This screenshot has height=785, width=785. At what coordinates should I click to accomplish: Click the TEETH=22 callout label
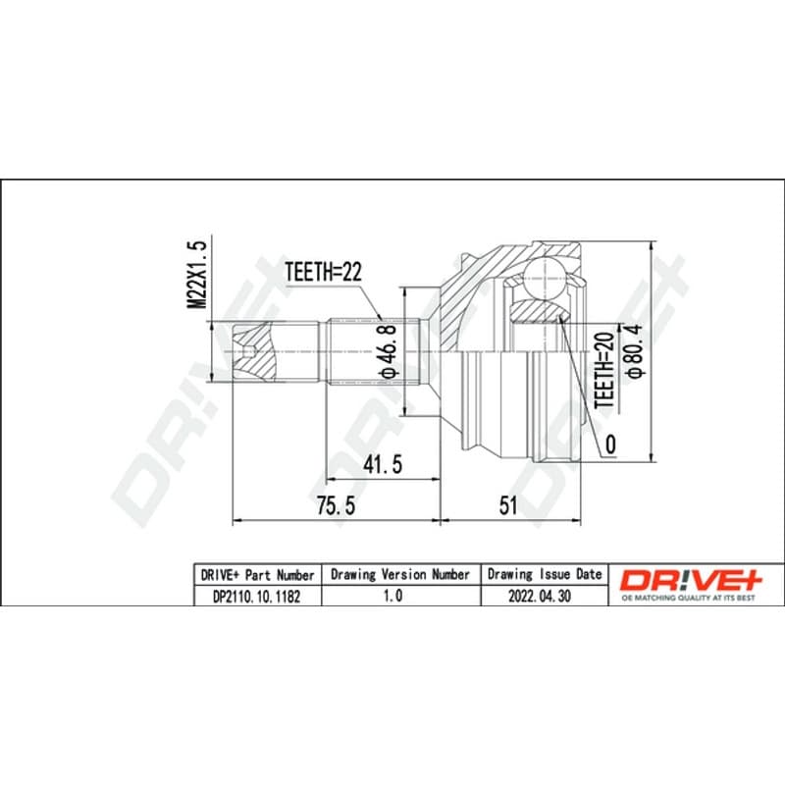click(x=323, y=272)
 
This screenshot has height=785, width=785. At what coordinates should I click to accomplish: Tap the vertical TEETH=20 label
click(x=604, y=370)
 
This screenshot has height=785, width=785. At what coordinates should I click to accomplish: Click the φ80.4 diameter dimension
click(x=635, y=350)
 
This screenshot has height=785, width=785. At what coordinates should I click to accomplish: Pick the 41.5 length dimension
click(x=383, y=464)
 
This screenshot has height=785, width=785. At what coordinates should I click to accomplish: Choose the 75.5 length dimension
click(x=336, y=505)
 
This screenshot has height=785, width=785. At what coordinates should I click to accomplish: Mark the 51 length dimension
click(x=507, y=505)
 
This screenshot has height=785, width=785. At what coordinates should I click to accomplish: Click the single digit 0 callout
click(x=610, y=445)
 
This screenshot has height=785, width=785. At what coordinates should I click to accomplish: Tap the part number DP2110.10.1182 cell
click(x=257, y=597)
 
